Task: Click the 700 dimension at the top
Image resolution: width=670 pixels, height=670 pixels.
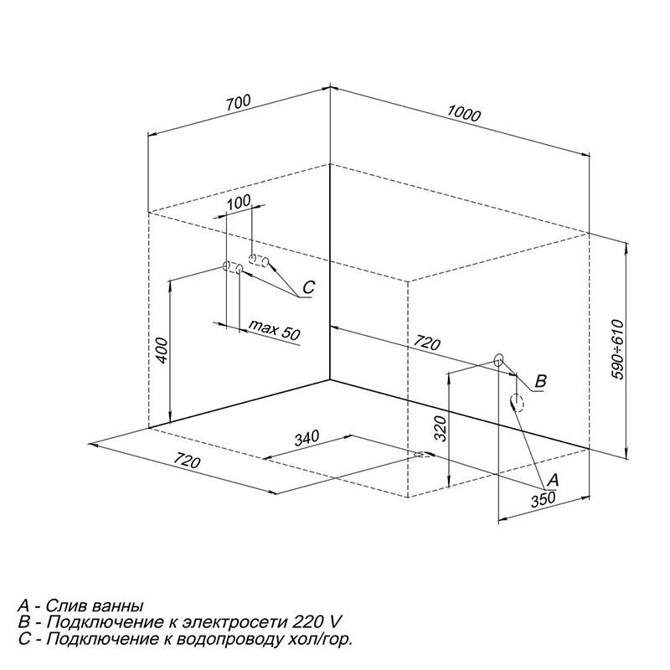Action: (238, 103)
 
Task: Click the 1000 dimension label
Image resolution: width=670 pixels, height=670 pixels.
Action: (464, 113)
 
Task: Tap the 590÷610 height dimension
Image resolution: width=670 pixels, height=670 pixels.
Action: (618, 348)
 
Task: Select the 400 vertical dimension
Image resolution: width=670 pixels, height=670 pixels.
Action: (162, 350)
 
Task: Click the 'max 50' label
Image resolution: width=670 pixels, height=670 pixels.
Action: (275, 329)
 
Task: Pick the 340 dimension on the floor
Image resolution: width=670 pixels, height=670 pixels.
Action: (307, 438)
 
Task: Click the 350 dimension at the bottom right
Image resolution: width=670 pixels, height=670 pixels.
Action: (543, 499)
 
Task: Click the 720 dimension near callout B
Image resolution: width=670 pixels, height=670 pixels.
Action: (427, 343)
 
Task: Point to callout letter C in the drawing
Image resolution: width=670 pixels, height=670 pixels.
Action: (308, 287)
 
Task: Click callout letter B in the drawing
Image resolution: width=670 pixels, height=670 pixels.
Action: (541, 381)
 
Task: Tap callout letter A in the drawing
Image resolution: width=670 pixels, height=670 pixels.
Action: (553, 480)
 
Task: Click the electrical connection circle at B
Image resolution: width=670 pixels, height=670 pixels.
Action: (498, 360)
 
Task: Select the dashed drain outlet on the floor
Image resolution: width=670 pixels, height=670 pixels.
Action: (424, 454)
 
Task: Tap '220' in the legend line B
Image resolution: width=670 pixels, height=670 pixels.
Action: (307, 622)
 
